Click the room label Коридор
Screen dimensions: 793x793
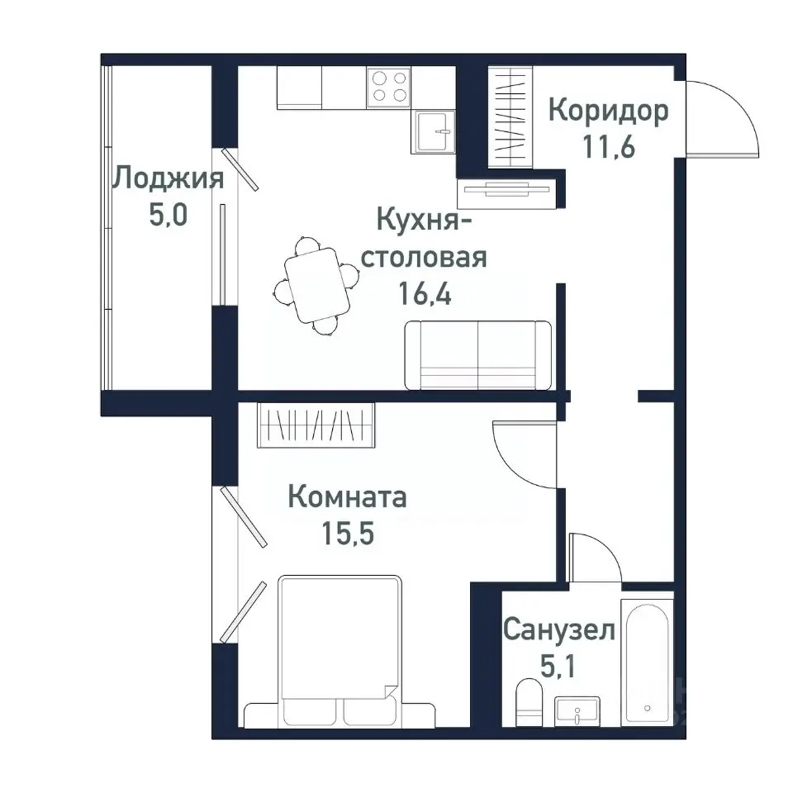point(608,111)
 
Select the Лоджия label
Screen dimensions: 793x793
point(169,178)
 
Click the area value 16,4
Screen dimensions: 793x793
point(425,295)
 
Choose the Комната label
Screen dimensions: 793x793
point(347,498)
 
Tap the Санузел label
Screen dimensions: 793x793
point(559,633)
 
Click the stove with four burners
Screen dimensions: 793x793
point(390,86)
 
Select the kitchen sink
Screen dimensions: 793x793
point(434,131)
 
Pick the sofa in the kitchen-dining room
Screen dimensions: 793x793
point(477,354)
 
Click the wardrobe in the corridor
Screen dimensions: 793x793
point(512,115)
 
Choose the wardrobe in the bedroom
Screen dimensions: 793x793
point(316,425)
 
